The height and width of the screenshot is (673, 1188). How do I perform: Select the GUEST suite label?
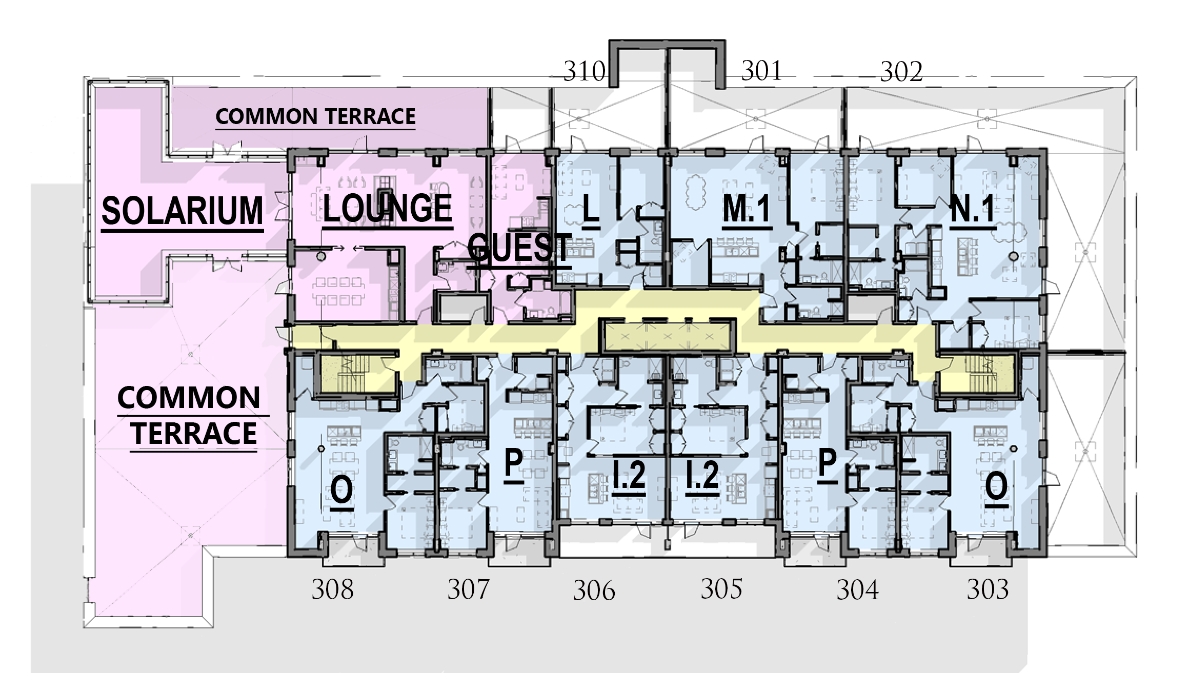519,248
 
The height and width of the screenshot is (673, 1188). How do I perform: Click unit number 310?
584,71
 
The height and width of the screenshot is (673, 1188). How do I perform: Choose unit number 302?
901,72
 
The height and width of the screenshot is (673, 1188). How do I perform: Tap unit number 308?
333,589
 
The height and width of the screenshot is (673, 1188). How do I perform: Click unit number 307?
469,589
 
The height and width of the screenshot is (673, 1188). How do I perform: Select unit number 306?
594,590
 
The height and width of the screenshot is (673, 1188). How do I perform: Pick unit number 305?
721,589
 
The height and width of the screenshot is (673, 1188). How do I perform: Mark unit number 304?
858,590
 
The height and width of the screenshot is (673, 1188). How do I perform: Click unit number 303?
988,589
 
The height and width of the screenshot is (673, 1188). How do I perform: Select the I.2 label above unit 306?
629,475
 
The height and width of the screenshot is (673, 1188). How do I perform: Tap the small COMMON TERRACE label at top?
315,116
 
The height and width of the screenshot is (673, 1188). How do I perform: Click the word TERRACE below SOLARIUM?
194,433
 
